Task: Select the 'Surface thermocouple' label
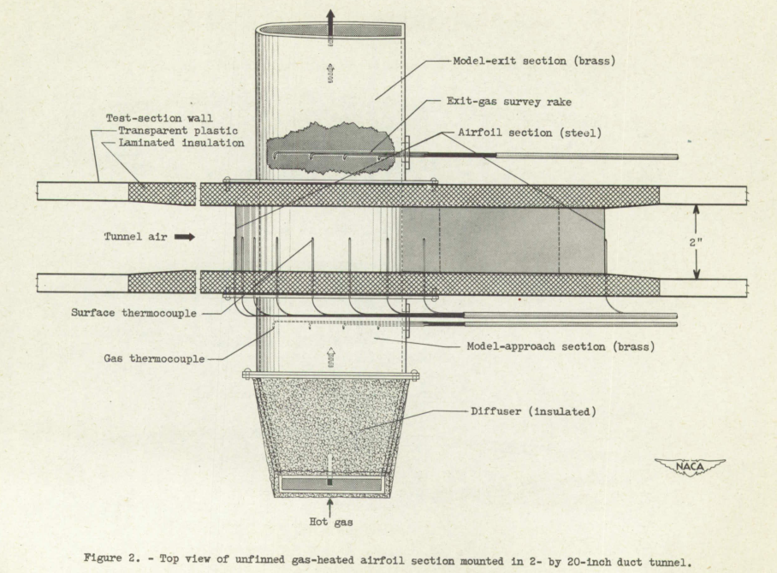(x=135, y=313)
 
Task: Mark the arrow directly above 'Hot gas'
(x=330, y=505)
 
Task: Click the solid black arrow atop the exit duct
(x=330, y=21)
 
